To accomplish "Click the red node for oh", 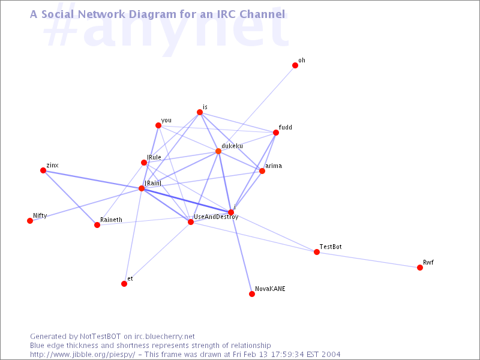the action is pyautogui.click(x=295, y=65).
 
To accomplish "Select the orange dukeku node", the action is pyautogui.click(x=218, y=151).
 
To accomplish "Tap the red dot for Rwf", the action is pyautogui.click(x=420, y=268).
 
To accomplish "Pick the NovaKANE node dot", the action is pyautogui.click(x=252, y=294).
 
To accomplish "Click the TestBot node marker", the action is pyautogui.click(x=317, y=252).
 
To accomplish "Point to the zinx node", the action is pyautogui.click(x=43, y=170).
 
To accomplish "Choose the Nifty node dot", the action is pyautogui.click(x=30, y=221).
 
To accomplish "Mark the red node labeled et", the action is pyautogui.click(x=124, y=284).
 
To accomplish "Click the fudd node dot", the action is pyautogui.click(x=276, y=133).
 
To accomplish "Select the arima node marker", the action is pyautogui.click(x=262, y=171).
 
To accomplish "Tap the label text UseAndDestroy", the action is pyautogui.click(x=216, y=217).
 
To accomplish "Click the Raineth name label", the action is pyautogui.click(x=111, y=220).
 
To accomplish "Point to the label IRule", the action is pyautogui.click(x=154, y=157).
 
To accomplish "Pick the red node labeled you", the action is pyautogui.click(x=158, y=125).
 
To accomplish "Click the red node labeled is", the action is pyautogui.click(x=200, y=112).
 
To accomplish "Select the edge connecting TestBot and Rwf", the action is pyautogui.click(x=368, y=260).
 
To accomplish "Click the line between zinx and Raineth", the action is pyautogui.click(x=70, y=198).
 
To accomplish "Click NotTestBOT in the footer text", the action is pyautogui.click(x=100, y=337).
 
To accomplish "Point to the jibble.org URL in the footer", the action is pyautogui.click(x=82, y=355).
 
